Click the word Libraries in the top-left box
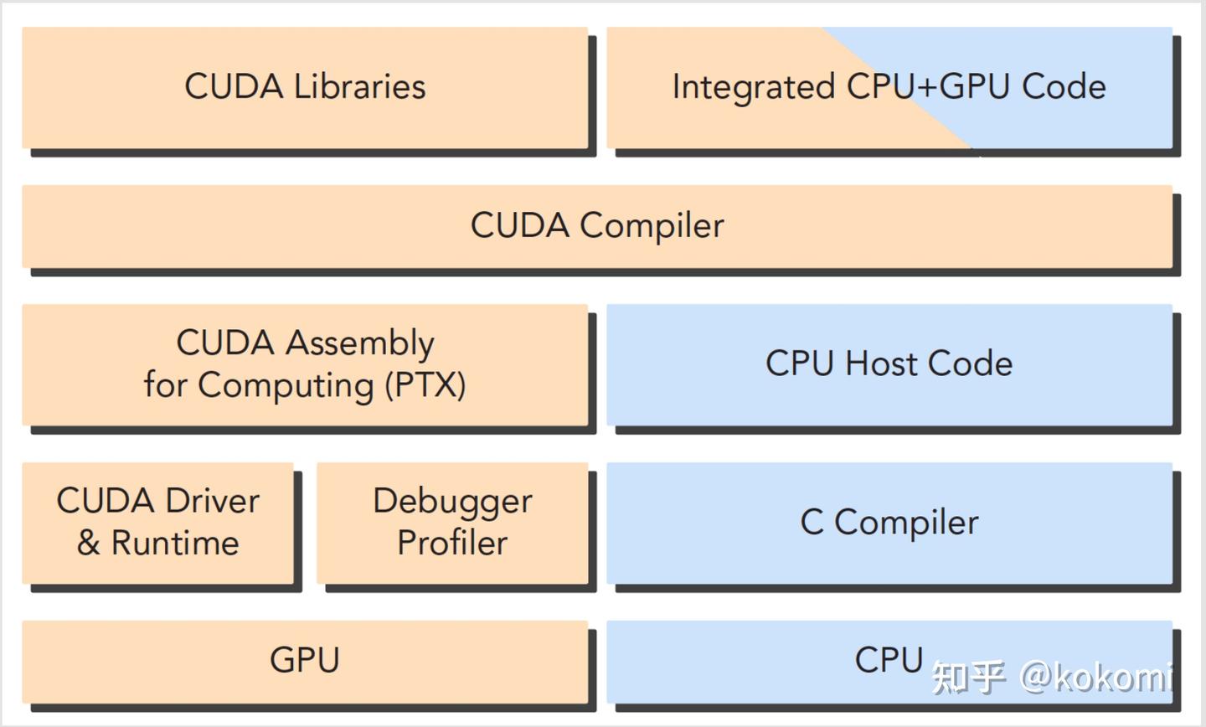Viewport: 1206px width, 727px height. click(359, 87)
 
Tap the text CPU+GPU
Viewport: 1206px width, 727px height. click(928, 87)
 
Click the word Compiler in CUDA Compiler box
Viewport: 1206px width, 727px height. click(652, 226)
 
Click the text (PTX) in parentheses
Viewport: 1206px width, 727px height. click(425, 385)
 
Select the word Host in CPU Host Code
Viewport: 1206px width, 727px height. click(880, 363)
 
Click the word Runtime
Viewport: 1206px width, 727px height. click(175, 543)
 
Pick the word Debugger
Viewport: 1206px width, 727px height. click(452, 502)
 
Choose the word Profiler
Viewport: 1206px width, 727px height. click(452, 543)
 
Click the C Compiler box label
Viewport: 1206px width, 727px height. click(889, 523)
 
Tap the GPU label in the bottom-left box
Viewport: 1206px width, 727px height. click(305, 660)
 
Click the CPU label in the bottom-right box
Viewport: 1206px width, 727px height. click(889, 660)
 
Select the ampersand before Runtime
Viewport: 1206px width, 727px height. click(88, 543)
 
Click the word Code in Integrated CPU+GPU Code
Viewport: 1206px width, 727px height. click(1064, 87)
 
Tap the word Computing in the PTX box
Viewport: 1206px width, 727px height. click(286, 385)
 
